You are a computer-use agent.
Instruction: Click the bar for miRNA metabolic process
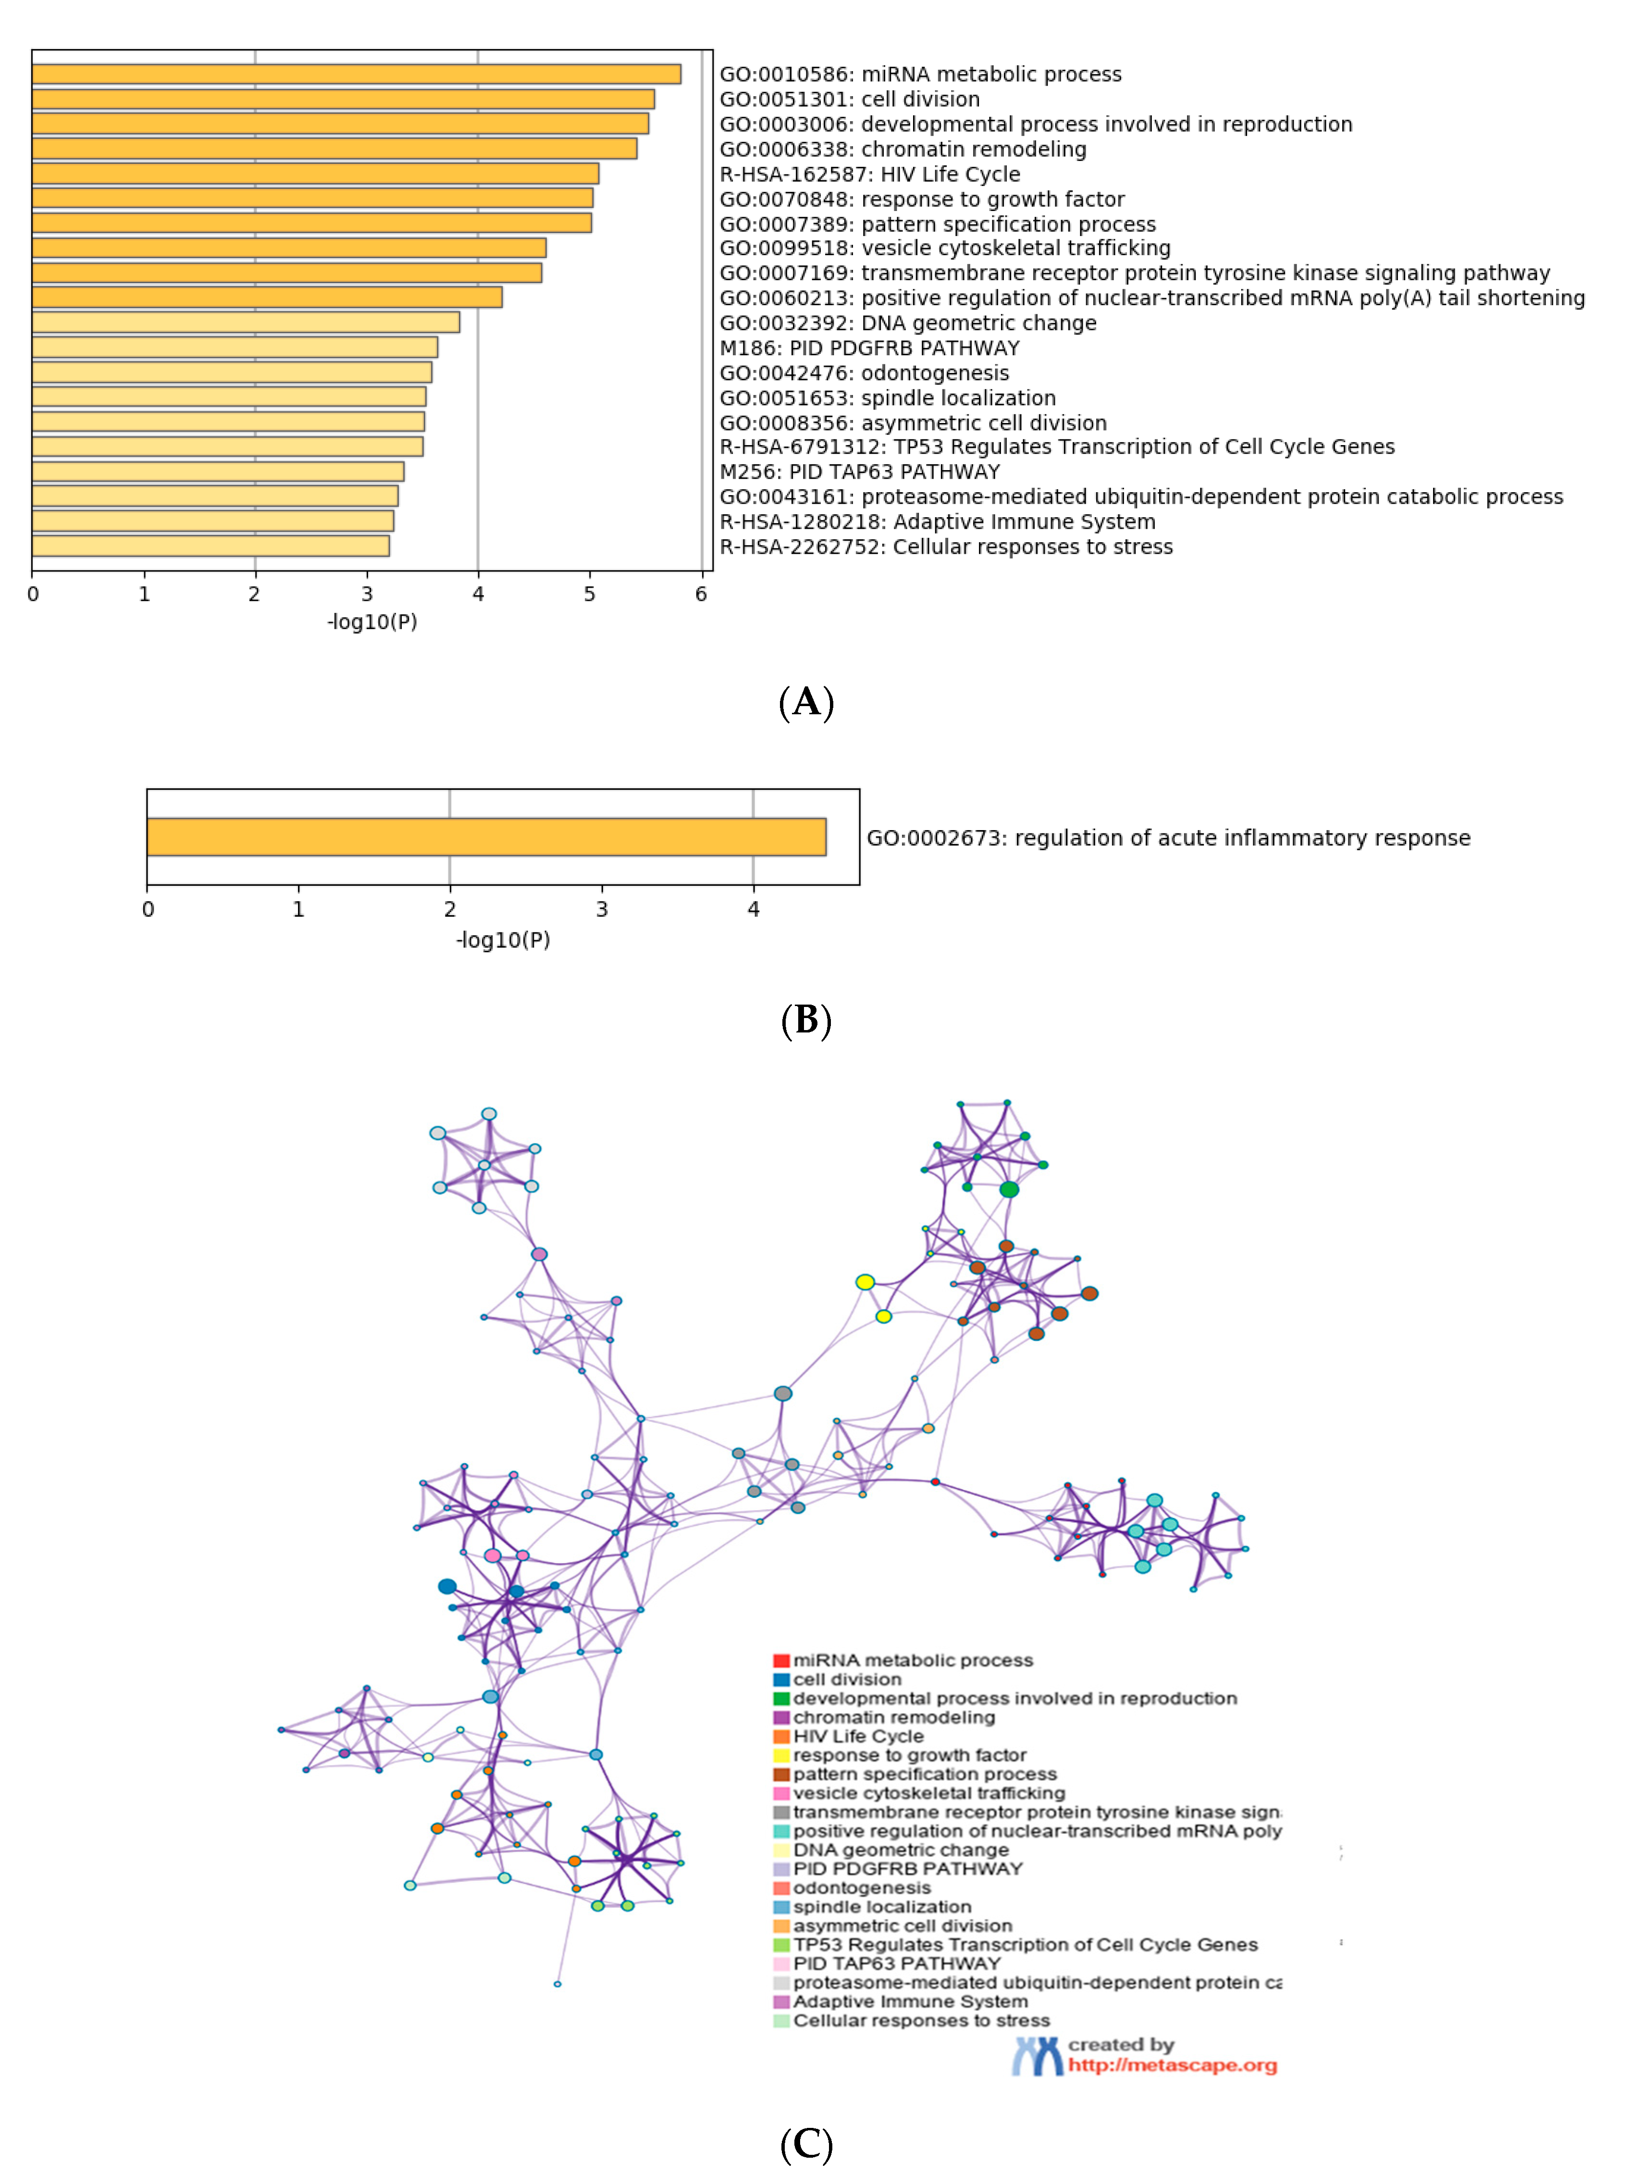(x=356, y=74)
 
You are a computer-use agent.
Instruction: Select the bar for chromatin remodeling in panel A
(x=334, y=149)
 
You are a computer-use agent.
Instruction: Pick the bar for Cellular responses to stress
(x=210, y=546)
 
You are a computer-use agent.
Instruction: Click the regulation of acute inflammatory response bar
(x=486, y=837)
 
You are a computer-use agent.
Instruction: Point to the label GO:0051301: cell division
(x=850, y=99)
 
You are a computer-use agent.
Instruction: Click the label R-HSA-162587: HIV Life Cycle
(x=869, y=174)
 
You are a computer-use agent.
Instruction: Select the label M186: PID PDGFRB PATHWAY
(x=869, y=348)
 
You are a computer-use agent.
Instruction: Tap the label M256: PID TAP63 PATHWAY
(x=859, y=472)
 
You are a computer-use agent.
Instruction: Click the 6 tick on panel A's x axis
(x=701, y=594)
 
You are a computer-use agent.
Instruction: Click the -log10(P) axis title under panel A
(x=371, y=622)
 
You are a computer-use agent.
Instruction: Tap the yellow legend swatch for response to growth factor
(x=781, y=1755)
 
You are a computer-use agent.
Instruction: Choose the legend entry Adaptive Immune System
(x=909, y=2001)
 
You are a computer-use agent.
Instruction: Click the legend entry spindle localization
(x=882, y=1907)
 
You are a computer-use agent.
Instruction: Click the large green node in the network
(x=1009, y=1190)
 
